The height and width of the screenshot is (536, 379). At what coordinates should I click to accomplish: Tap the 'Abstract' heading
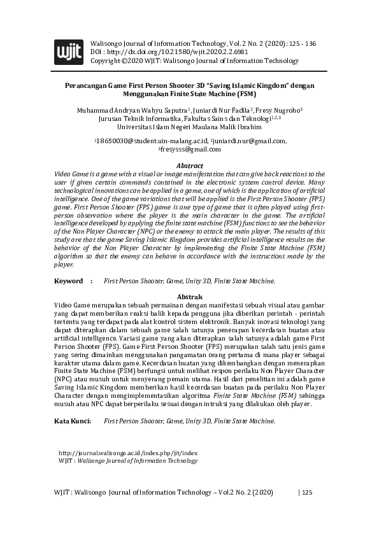coord(189,166)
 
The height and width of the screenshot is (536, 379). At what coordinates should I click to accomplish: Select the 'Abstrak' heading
coord(189,297)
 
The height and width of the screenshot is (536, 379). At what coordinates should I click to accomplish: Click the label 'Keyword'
coord(68,281)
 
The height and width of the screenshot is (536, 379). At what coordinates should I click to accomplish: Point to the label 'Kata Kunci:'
coord(73,421)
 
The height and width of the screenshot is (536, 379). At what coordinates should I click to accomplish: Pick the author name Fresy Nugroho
coord(271,110)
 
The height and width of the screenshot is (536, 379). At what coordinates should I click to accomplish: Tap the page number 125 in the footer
coord(306,493)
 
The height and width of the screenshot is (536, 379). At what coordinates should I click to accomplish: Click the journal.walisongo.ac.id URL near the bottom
coord(132,453)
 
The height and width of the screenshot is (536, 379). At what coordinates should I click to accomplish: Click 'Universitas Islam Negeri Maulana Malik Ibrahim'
coord(190,127)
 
